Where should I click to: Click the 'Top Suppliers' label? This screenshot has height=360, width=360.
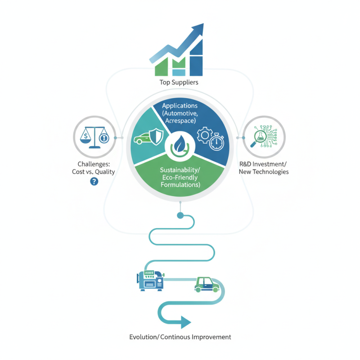(179, 82)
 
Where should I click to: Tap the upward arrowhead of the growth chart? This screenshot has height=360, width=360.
(197, 29)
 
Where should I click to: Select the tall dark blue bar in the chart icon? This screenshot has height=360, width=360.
(196, 58)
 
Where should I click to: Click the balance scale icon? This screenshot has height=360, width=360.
(94, 137)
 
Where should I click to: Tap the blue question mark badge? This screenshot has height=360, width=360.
(94, 182)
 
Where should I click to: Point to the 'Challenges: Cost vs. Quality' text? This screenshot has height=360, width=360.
(94, 168)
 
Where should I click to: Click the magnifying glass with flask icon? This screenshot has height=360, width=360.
(259, 137)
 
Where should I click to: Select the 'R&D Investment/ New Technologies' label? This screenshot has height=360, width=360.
(264, 168)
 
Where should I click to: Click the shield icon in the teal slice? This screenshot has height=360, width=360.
(156, 136)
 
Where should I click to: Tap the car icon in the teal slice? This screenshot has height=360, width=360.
(142, 139)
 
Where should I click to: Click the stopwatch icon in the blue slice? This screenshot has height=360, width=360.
(216, 142)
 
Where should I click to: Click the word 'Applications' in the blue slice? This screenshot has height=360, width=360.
(180, 106)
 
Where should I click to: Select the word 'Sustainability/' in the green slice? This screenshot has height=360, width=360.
(180, 170)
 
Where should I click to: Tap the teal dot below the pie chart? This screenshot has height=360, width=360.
(180, 216)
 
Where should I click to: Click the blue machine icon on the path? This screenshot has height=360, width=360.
(150, 280)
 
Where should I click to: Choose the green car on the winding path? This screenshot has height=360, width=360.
(207, 285)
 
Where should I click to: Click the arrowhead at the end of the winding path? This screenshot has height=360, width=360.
(186, 322)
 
